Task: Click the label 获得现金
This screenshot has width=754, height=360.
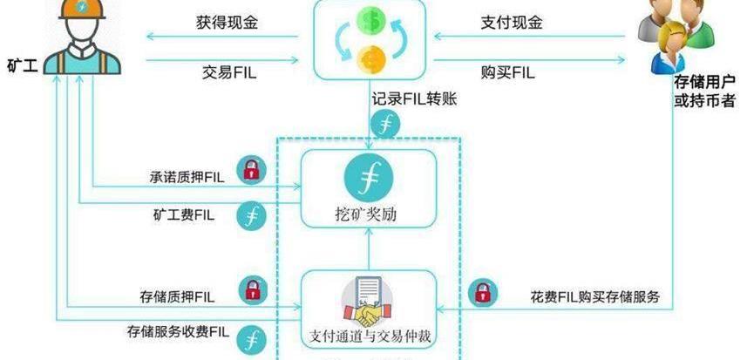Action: [x=227, y=22]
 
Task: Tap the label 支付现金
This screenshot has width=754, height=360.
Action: [x=512, y=22]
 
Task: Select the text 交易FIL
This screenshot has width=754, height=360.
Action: [x=228, y=72]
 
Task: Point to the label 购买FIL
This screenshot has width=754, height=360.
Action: [x=507, y=72]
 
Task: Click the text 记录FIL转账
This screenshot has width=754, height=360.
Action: [x=414, y=99]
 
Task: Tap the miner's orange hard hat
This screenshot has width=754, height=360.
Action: [x=82, y=8]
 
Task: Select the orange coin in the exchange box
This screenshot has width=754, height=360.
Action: [x=371, y=59]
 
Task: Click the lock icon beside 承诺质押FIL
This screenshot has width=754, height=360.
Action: [x=251, y=170]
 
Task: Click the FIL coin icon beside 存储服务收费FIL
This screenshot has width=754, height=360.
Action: [x=251, y=338]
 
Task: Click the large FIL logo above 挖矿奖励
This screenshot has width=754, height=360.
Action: [x=369, y=179]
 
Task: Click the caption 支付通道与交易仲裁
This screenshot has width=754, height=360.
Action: [x=370, y=336]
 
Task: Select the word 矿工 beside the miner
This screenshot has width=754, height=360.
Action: [x=22, y=65]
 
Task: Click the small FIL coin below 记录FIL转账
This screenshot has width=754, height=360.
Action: [x=385, y=125]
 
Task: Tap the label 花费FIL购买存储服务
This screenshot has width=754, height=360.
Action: [x=594, y=296]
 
